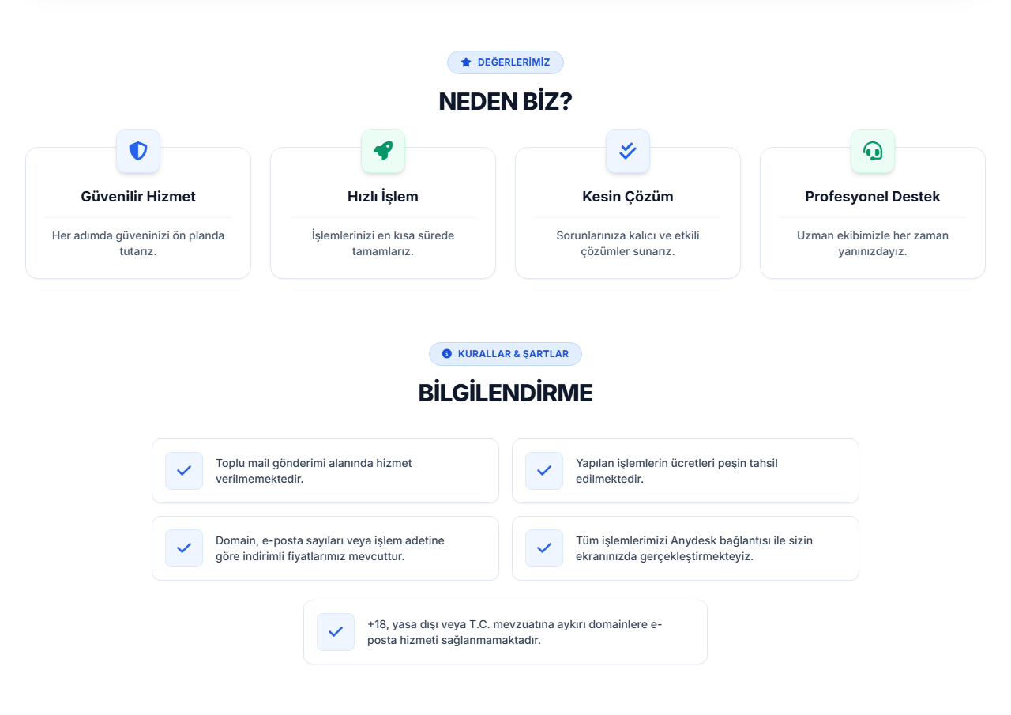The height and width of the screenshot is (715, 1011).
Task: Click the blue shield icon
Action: [138, 151]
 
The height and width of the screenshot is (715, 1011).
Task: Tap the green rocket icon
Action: [383, 151]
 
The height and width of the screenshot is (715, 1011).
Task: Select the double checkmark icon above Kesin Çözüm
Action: [627, 151]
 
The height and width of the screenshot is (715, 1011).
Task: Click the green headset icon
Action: [873, 151]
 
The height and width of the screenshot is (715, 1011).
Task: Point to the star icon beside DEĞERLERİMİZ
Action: [466, 62]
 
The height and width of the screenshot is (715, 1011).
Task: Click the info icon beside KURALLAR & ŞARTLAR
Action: [446, 353]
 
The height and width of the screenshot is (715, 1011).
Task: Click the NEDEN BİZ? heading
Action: [505, 101]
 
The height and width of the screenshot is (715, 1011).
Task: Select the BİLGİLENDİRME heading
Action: [505, 393]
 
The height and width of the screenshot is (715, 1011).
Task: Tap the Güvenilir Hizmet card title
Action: [138, 197]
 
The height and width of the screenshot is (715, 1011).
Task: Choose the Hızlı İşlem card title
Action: [383, 197]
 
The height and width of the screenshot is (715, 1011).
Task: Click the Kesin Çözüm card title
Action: [627, 197]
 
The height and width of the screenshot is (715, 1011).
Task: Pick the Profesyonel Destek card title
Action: [873, 197]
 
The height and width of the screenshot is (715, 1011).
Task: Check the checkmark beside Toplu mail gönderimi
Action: [184, 471]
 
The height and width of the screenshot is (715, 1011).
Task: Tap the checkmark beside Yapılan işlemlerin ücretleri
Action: [544, 471]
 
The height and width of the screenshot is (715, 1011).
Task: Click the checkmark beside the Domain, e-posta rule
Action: [184, 548]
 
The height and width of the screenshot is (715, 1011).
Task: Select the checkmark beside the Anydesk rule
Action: [544, 548]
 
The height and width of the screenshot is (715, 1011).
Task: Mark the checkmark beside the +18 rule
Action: [336, 632]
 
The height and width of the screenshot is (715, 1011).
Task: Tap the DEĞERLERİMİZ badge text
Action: [513, 62]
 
